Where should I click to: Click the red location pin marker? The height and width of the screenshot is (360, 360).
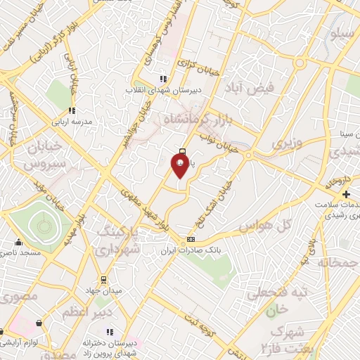180,166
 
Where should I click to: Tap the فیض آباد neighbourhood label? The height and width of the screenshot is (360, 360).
245,89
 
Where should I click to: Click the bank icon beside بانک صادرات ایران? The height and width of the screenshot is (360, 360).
191,240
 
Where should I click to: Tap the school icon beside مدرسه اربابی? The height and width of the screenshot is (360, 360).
72,110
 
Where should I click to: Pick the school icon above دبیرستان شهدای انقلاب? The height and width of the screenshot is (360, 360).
164,79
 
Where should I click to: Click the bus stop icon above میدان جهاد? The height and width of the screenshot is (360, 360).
103,280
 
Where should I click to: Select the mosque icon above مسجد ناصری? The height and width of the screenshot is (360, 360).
18,243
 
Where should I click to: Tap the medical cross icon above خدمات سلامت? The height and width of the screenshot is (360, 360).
345,194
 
